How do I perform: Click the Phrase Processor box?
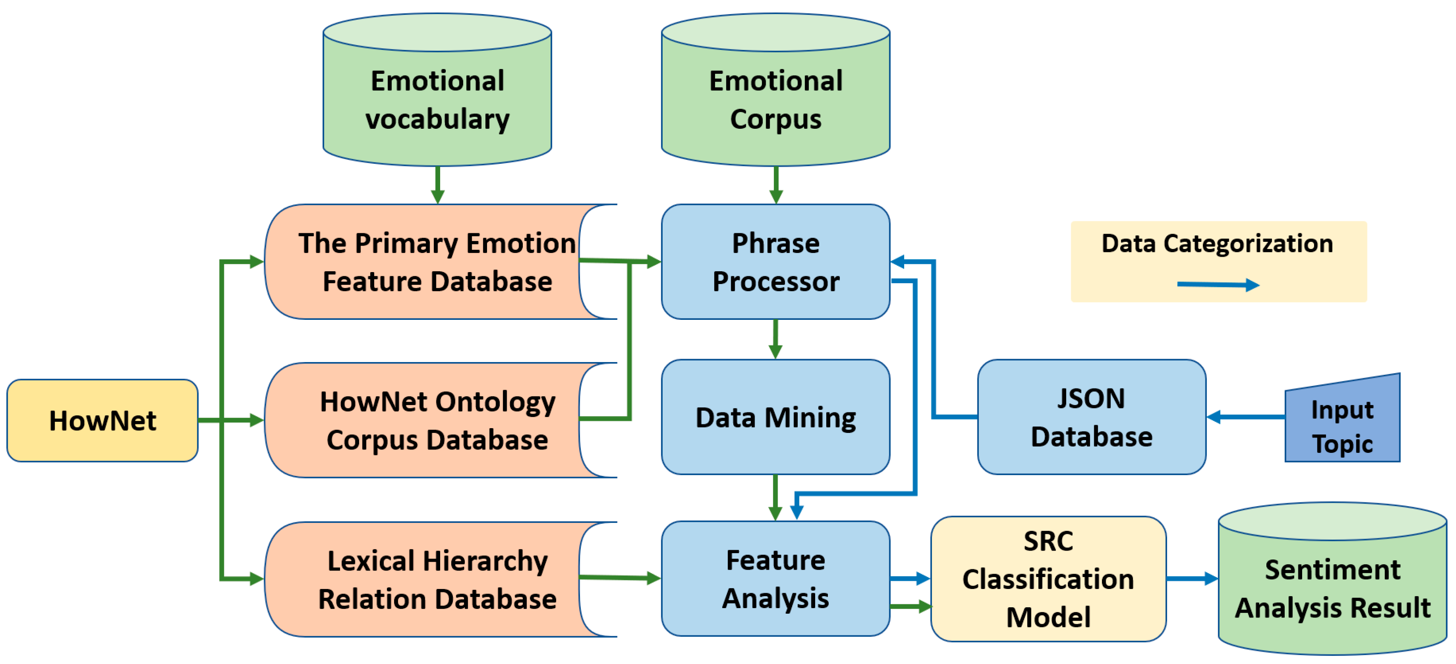776,262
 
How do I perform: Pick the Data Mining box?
776,418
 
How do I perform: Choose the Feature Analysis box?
776,579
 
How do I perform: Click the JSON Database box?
1091,418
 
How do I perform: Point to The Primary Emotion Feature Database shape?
430,262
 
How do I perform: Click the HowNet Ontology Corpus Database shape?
430,420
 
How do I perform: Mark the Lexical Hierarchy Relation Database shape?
430,579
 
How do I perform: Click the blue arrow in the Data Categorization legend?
1218,284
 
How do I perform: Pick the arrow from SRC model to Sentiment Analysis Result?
1191,579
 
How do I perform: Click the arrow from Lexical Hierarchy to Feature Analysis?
620,577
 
